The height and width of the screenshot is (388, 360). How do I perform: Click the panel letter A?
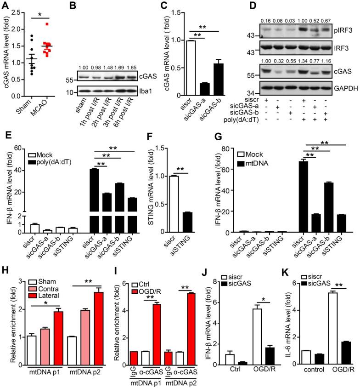pos(6,6)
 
